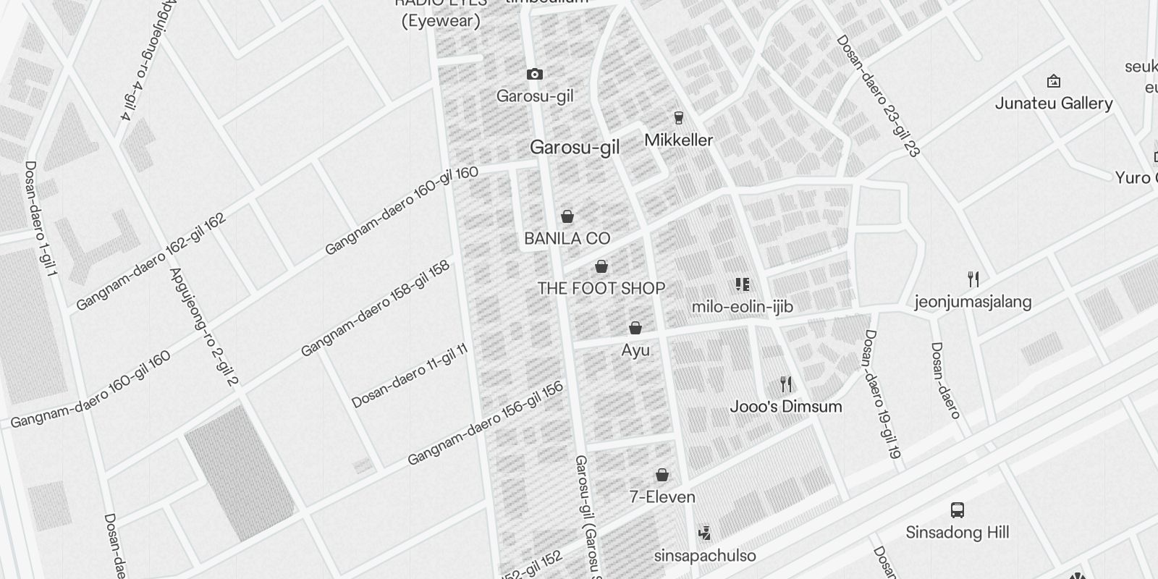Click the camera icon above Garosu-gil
click(534, 74)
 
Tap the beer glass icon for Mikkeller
click(678, 117)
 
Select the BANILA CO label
click(567, 238)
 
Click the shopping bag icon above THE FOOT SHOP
click(601, 266)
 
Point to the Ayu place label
click(635, 350)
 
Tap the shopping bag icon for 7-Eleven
click(662, 475)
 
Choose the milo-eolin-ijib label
click(742, 307)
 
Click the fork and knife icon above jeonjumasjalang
click(973, 279)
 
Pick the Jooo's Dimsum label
click(785, 406)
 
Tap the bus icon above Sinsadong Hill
click(958, 510)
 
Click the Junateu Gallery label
click(1053, 103)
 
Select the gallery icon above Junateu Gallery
click(1054, 81)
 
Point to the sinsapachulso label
click(704, 556)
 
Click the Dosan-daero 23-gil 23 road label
click(877, 96)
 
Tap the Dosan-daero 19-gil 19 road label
click(880, 395)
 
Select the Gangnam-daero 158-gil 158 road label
click(375, 308)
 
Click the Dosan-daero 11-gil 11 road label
click(410, 376)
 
